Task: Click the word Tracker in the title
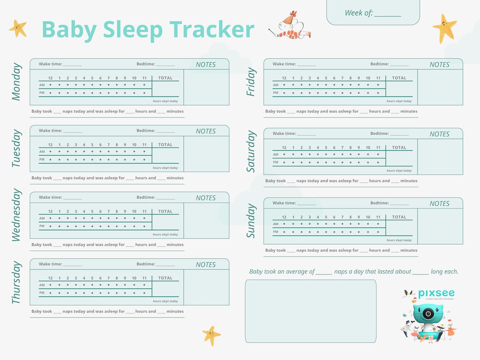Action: click(x=212, y=30)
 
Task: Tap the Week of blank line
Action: click(x=388, y=16)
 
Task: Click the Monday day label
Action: click(x=16, y=82)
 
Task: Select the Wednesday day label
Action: click(x=16, y=215)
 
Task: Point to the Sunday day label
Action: click(x=251, y=221)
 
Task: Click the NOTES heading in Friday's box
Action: click(x=439, y=64)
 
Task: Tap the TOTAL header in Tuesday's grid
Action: click(x=165, y=144)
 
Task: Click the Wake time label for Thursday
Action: click(x=50, y=264)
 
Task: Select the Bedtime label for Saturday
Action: click(x=380, y=133)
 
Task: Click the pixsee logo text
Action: click(x=436, y=293)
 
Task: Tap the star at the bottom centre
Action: click(x=211, y=336)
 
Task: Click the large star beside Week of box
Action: click(x=444, y=28)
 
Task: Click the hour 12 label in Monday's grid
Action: click(x=50, y=78)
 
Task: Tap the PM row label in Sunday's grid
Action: click(x=276, y=232)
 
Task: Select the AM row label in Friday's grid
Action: click(x=276, y=85)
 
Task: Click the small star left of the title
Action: click(x=18, y=28)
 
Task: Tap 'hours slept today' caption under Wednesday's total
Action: click(x=165, y=235)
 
